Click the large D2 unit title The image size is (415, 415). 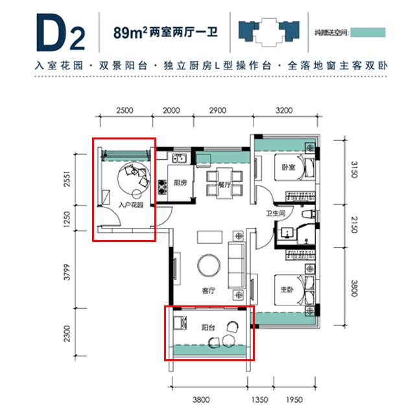60,32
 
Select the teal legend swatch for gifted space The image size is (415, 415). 368,32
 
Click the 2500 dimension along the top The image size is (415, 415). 124,110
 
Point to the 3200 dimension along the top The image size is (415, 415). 284,110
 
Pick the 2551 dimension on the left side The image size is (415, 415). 67,179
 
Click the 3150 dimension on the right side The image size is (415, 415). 354,170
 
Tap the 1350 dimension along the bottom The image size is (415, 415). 259,399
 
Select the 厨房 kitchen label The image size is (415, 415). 180,183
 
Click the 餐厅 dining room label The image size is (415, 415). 224,185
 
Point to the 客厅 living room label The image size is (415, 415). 209,290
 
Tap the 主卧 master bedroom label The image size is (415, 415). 287,290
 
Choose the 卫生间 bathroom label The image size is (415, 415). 276,213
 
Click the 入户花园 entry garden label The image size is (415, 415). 131,205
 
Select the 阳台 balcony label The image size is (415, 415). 208,327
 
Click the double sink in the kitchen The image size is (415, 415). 180,158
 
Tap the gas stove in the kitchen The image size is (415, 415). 163,187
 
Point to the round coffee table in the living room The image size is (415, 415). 209,265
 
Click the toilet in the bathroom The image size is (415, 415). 309,214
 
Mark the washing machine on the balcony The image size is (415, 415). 180,323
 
